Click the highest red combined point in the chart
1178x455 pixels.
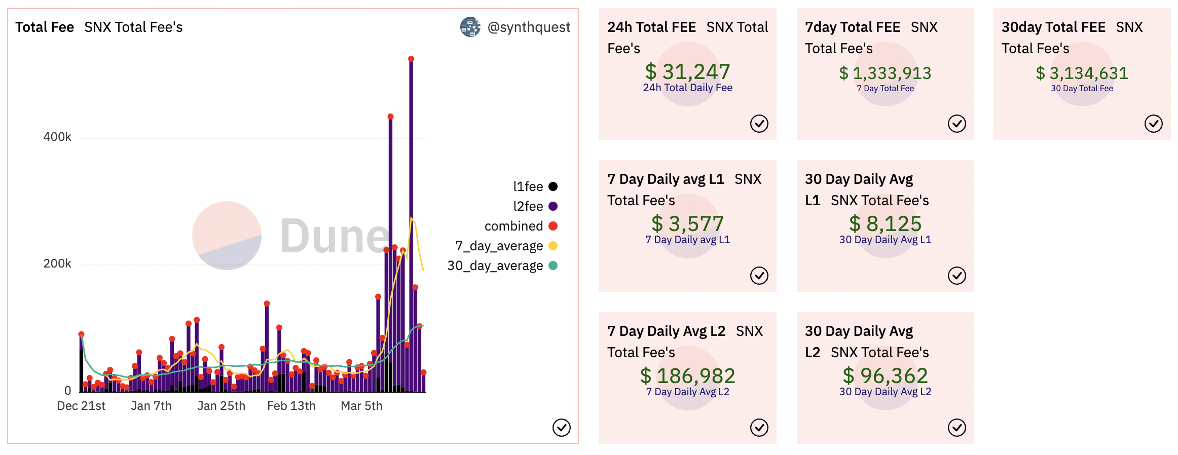tap(411, 59)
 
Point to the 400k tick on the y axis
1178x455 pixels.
tap(57, 137)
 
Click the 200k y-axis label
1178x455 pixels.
tap(57, 263)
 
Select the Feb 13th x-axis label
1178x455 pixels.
tap(291, 406)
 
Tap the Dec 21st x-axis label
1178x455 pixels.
tap(81, 406)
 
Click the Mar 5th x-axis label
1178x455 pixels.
tap(361, 406)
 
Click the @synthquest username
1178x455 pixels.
tap(529, 27)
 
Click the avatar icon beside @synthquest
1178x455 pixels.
tap(470, 27)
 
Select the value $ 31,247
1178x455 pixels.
tap(687, 72)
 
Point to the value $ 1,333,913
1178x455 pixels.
tap(885, 73)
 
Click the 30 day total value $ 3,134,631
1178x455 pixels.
tap(1082, 73)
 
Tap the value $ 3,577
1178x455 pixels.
tap(687, 224)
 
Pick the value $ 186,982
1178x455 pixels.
tap(687, 376)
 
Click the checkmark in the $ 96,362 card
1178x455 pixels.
tap(956, 428)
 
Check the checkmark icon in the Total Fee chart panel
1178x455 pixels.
tap(561, 428)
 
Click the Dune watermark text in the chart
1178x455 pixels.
tap(335, 236)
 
